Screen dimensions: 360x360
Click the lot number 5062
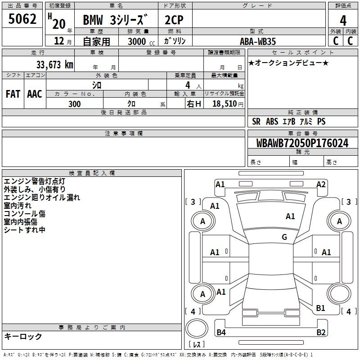22,19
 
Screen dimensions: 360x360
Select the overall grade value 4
343,21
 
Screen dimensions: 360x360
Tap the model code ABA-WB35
257,41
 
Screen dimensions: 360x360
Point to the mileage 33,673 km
54,64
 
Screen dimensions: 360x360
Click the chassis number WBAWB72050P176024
302,143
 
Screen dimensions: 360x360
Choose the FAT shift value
13,94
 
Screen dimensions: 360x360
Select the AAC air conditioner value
35,94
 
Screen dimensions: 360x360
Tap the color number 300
74,104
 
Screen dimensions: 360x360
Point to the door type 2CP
174,20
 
